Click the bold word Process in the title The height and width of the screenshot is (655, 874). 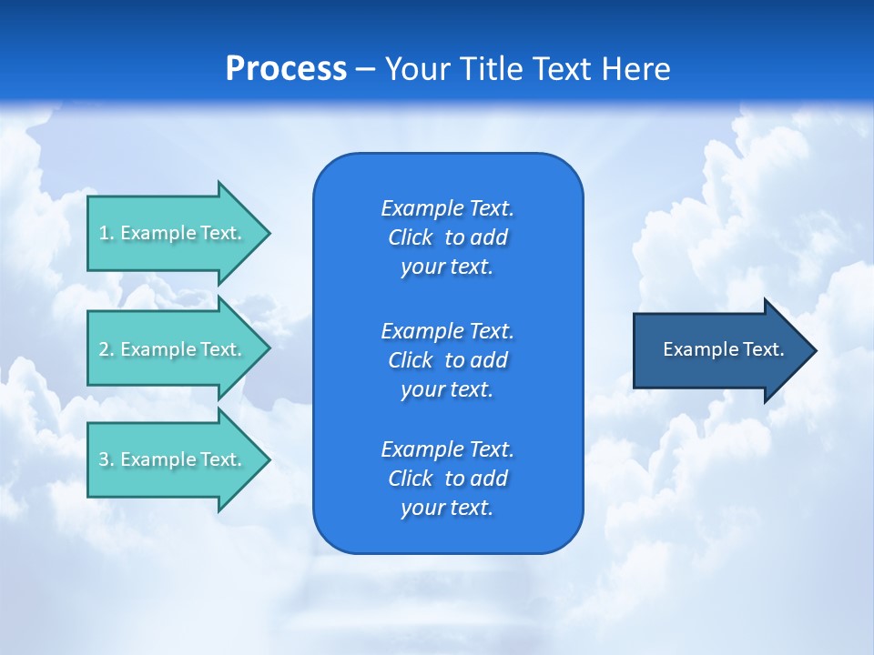click(x=286, y=69)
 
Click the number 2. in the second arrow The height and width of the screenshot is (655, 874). click(x=106, y=349)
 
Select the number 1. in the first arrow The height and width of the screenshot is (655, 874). click(x=106, y=233)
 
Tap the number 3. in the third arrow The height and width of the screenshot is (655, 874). click(x=106, y=459)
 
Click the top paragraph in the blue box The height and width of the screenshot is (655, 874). click(x=447, y=237)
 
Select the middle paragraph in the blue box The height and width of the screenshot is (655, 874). click(x=447, y=359)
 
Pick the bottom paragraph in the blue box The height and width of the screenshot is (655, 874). click(x=447, y=479)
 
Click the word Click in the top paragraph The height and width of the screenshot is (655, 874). click(x=410, y=237)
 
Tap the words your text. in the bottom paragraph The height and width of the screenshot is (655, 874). click(x=447, y=508)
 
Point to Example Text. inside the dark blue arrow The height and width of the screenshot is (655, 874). click(x=723, y=349)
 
